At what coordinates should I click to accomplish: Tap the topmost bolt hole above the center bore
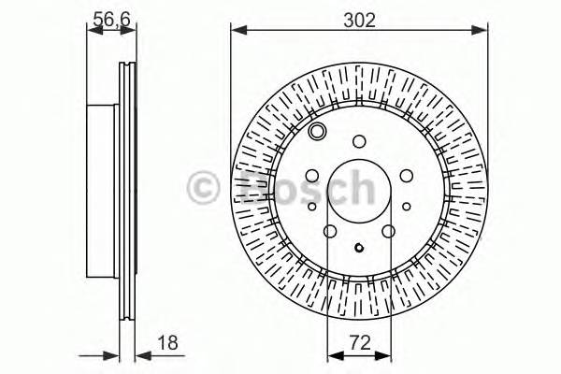359,142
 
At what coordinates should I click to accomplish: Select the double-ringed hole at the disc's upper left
316,131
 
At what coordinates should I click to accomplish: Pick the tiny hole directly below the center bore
359,248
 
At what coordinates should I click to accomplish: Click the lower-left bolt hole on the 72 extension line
329,232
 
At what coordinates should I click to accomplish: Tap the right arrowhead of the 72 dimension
384,356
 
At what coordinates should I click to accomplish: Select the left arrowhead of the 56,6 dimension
92,33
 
